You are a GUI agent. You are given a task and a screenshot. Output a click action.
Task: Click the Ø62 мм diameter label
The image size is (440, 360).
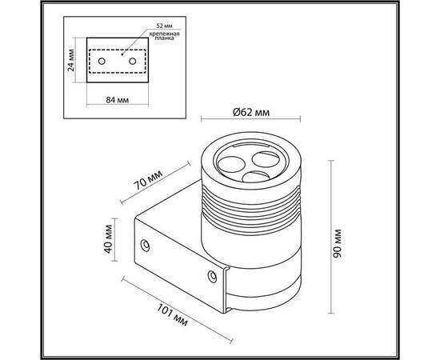coord(251,112)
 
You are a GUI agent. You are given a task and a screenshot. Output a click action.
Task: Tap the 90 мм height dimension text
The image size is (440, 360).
coord(337,243)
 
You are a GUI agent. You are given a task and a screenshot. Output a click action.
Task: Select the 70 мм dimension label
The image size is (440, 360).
coord(148,180)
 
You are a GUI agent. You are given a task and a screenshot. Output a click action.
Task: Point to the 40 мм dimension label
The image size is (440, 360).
coord(108,238)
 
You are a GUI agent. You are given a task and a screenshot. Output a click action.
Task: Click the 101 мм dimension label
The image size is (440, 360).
coord(172,315)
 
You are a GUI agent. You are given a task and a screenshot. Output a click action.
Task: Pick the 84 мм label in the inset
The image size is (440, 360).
coord(118,100)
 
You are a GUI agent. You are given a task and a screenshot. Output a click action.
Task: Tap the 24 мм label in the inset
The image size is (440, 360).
coord(71,60)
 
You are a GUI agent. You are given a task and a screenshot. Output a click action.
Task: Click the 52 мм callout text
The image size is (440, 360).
coord(164,26)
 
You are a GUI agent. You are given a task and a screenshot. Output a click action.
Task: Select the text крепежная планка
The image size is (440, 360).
coord(164,36)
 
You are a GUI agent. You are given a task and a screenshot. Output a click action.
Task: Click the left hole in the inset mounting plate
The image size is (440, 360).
coord(102,61)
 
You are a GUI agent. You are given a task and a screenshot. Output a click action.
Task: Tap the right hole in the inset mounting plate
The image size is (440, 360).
coord(133,61)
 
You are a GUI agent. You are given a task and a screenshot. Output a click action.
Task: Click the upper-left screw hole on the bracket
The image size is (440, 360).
coord(145,246)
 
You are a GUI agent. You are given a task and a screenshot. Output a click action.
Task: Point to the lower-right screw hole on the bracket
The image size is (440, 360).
coord(212,276)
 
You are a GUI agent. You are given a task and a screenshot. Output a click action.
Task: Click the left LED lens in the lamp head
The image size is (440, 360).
coord(231,165)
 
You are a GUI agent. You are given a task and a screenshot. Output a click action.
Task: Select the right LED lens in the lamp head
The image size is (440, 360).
coord(266,159)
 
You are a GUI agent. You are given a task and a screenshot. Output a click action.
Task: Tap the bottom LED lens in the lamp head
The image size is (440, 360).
coord(256,177)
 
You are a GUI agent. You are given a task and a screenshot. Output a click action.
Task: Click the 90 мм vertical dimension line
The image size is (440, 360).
coord(331,237)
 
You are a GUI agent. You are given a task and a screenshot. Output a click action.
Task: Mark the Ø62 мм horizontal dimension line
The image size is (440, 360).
coord(251,119)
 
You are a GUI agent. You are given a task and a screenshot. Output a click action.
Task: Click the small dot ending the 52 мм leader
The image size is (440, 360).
coord(122,54)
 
